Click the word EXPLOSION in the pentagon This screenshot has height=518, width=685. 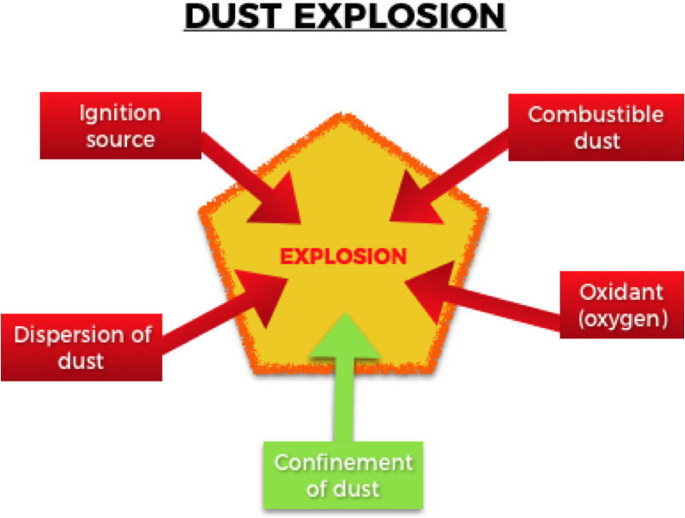343,256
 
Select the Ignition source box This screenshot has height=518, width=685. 120,126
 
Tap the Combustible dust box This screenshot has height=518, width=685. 596,127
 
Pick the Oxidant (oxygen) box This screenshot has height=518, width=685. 621,304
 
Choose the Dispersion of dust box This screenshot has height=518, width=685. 82,347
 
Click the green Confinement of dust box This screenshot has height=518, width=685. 343,475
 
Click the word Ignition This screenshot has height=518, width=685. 119,113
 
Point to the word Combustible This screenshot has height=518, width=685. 596,114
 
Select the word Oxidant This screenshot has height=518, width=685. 621,291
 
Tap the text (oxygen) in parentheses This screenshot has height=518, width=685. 621,318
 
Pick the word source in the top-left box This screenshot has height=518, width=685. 120,139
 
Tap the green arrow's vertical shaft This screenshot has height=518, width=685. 343,400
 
